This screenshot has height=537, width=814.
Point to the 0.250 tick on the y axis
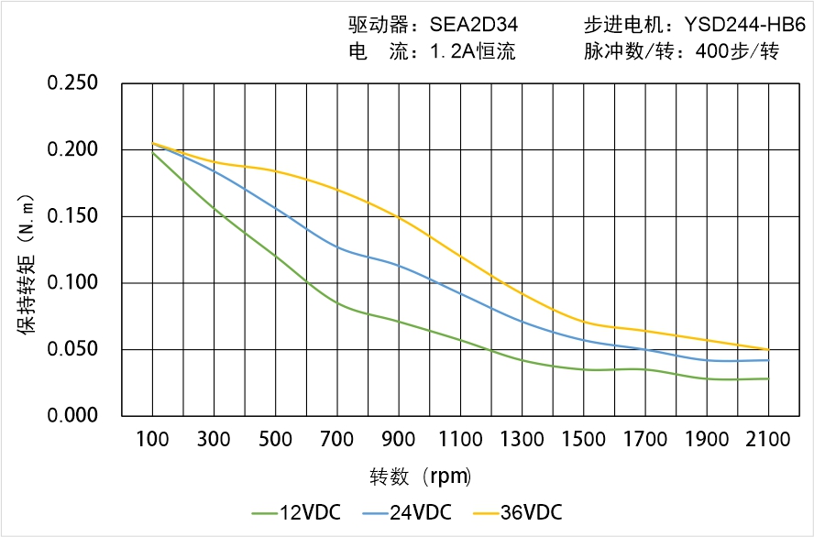[x=72, y=83]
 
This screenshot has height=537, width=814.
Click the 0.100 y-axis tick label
[x=72, y=282]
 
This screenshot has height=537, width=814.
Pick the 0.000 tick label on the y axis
[x=72, y=415]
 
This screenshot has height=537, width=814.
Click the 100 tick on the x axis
[x=152, y=440]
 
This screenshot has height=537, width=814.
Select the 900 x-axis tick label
[x=399, y=440]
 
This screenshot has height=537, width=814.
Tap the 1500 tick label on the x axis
[x=583, y=440]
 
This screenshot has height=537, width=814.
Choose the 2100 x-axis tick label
[x=768, y=440]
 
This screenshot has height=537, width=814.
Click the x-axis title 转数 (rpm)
[x=421, y=477]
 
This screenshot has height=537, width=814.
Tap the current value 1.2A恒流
[x=473, y=51]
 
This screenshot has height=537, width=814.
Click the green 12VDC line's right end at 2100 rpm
[x=768, y=378]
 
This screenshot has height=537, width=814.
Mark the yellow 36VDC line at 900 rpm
[x=399, y=217]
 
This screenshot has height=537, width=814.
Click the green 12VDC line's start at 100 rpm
[x=152, y=152]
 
